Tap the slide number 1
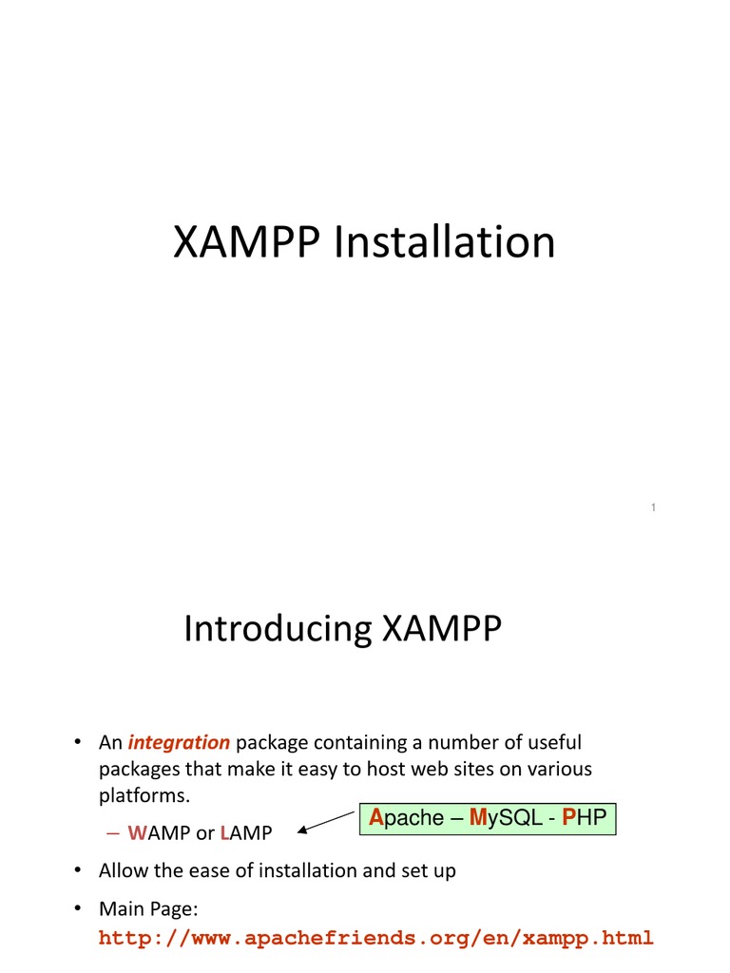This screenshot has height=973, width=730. coord(654,508)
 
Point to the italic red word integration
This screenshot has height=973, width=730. coord(179,742)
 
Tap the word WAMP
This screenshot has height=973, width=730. coord(159,833)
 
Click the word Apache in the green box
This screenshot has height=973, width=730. coord(406,817)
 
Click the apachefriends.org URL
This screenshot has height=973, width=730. coord(376,939)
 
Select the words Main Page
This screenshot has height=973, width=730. coord(147,909)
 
